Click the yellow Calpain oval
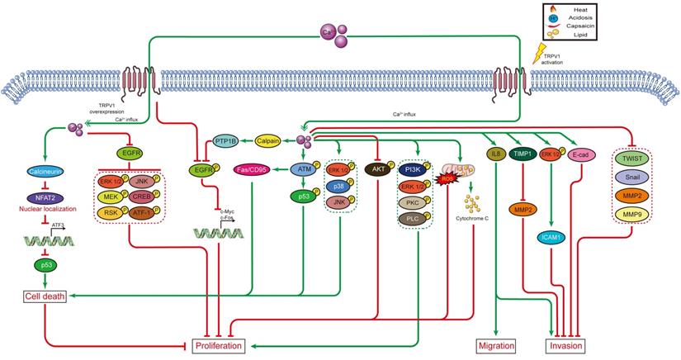click(271, 142)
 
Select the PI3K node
click(419, 169)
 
